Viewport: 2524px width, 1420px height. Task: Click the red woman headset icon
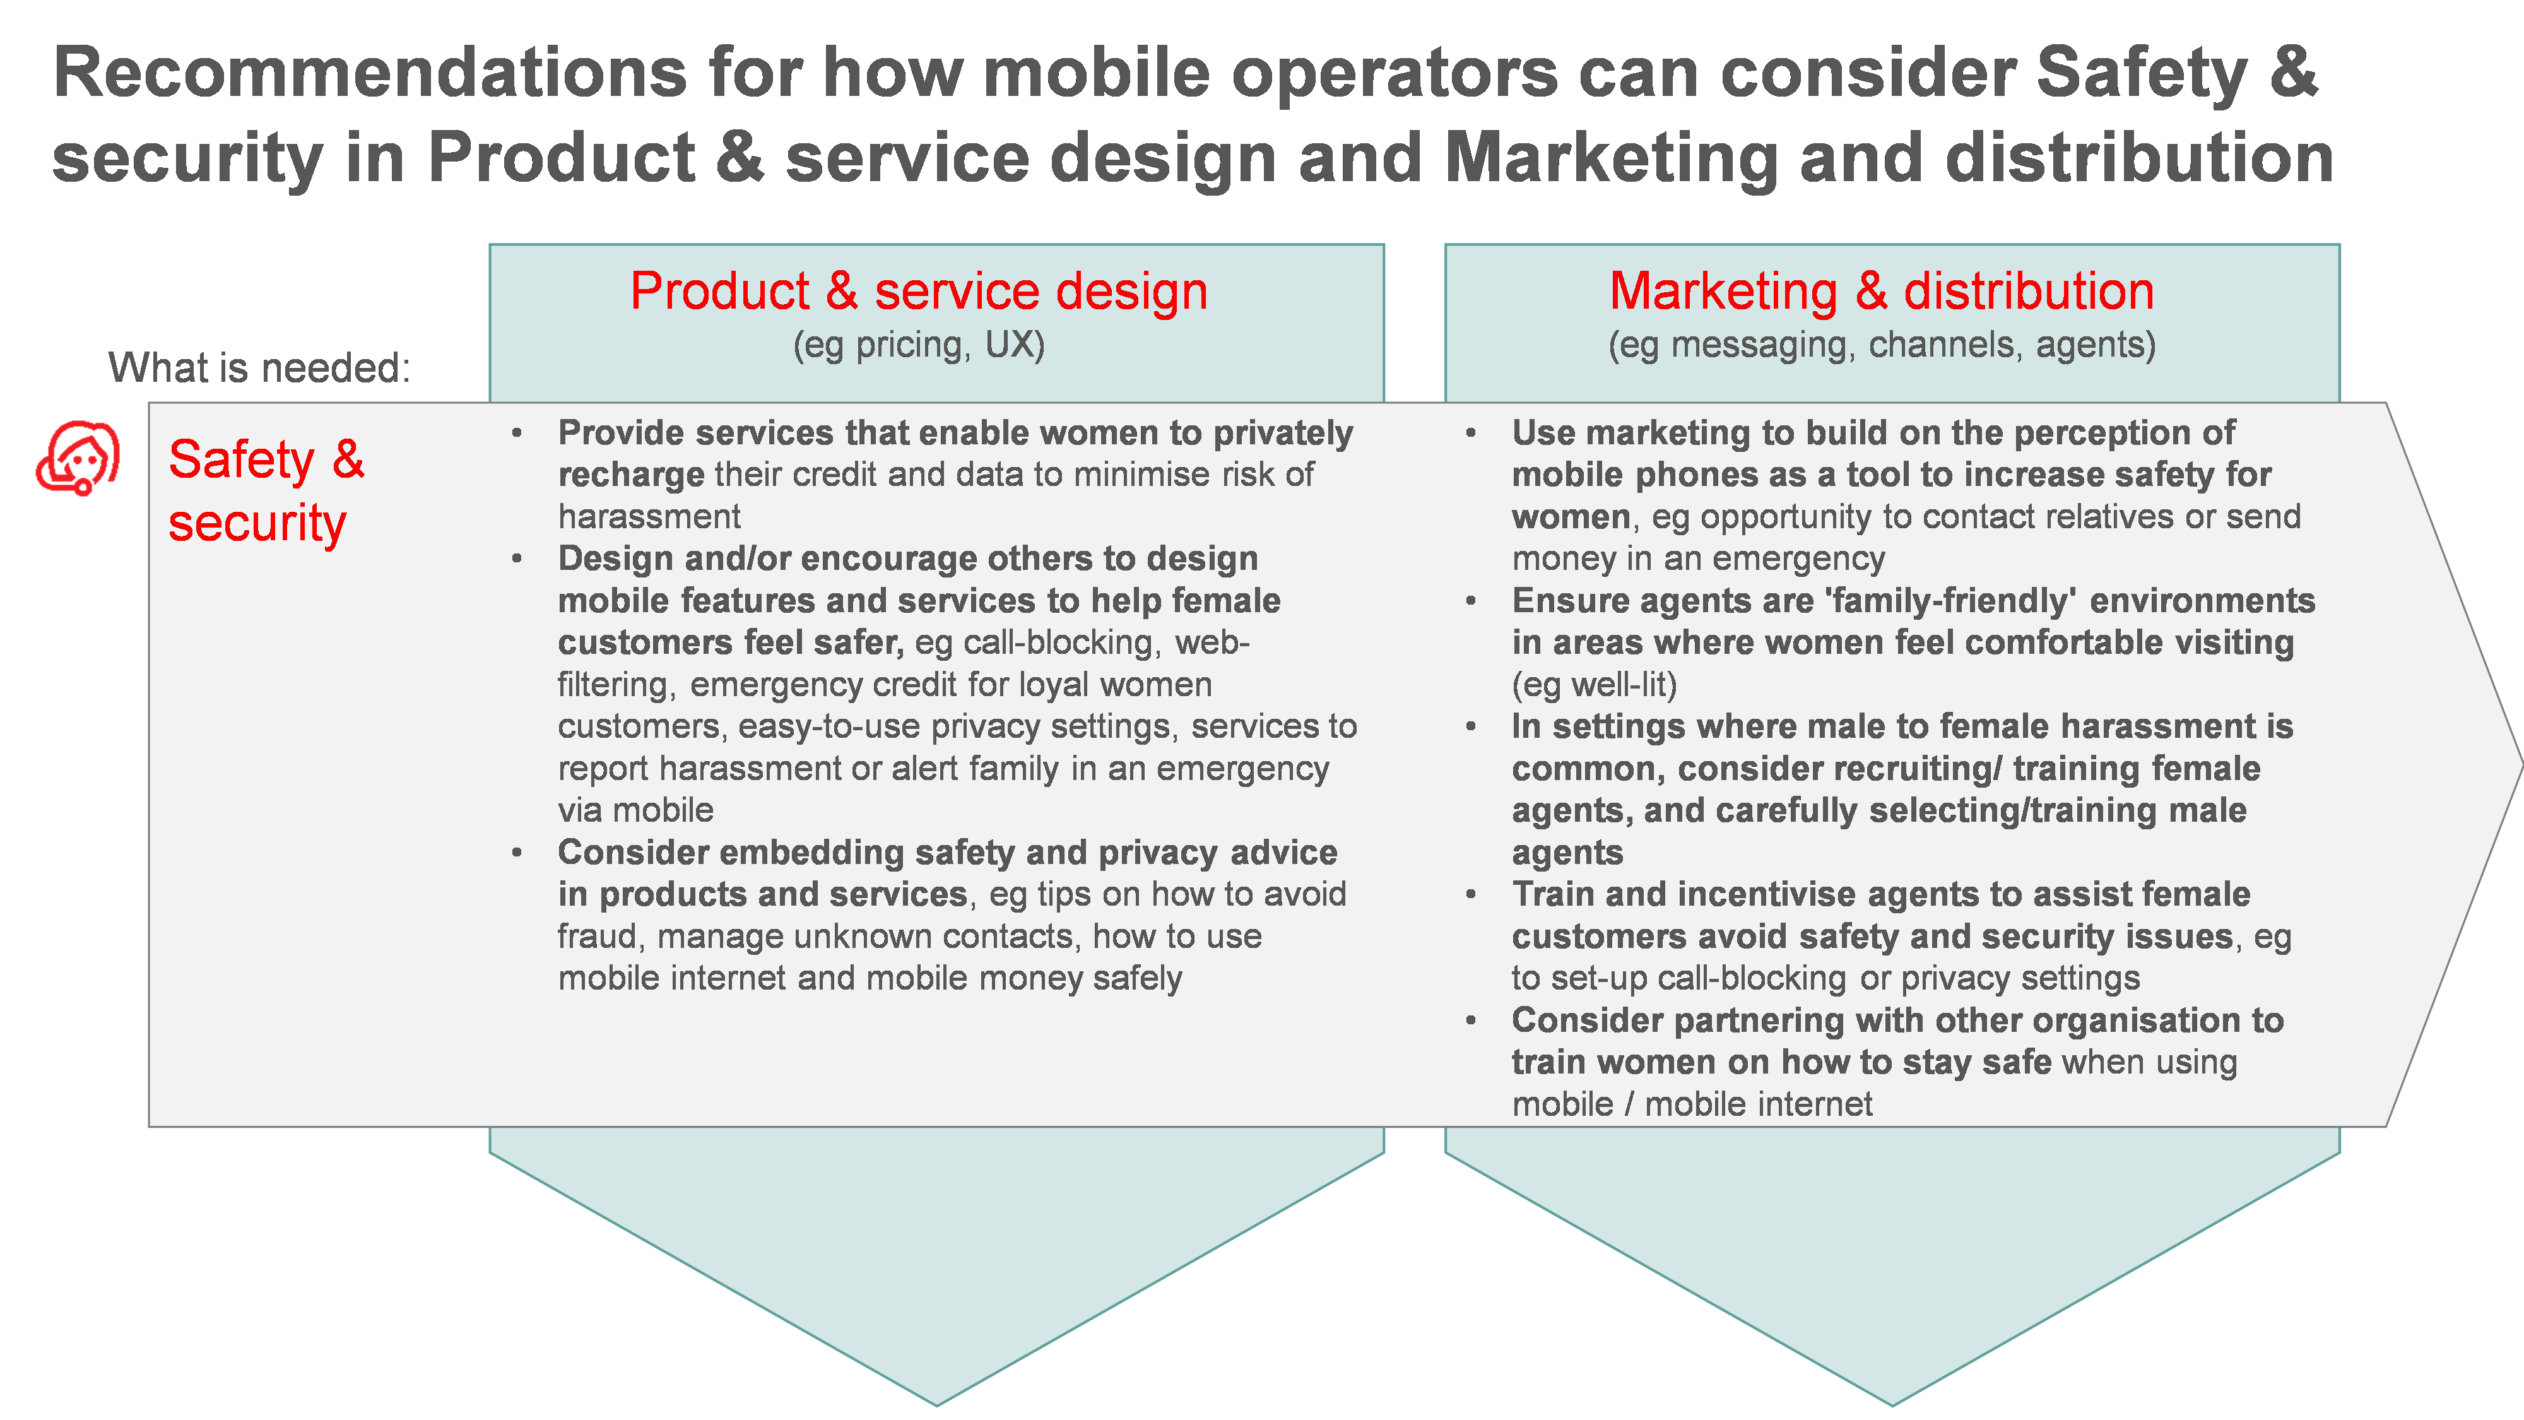click(78, 459)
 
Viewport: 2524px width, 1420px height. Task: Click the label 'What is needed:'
click(259, 369)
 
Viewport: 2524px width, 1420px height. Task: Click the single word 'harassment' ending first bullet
click(649, 516)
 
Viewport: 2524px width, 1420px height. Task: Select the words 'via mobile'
click(635, 810)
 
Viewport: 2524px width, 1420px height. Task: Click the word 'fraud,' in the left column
click(599, 937)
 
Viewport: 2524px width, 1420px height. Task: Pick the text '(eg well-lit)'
click(1594, 685)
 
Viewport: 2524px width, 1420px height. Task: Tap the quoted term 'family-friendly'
click(1951, 601)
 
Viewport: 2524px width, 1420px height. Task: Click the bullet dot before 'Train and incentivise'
click(1471, 895)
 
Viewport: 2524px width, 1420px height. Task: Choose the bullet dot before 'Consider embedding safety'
click(516, 853)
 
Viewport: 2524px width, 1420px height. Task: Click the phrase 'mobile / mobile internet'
click(1691, 1104)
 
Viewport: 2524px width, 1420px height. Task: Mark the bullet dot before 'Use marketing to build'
click(1471, 433)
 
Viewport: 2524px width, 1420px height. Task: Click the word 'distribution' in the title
click(2139, 159)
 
